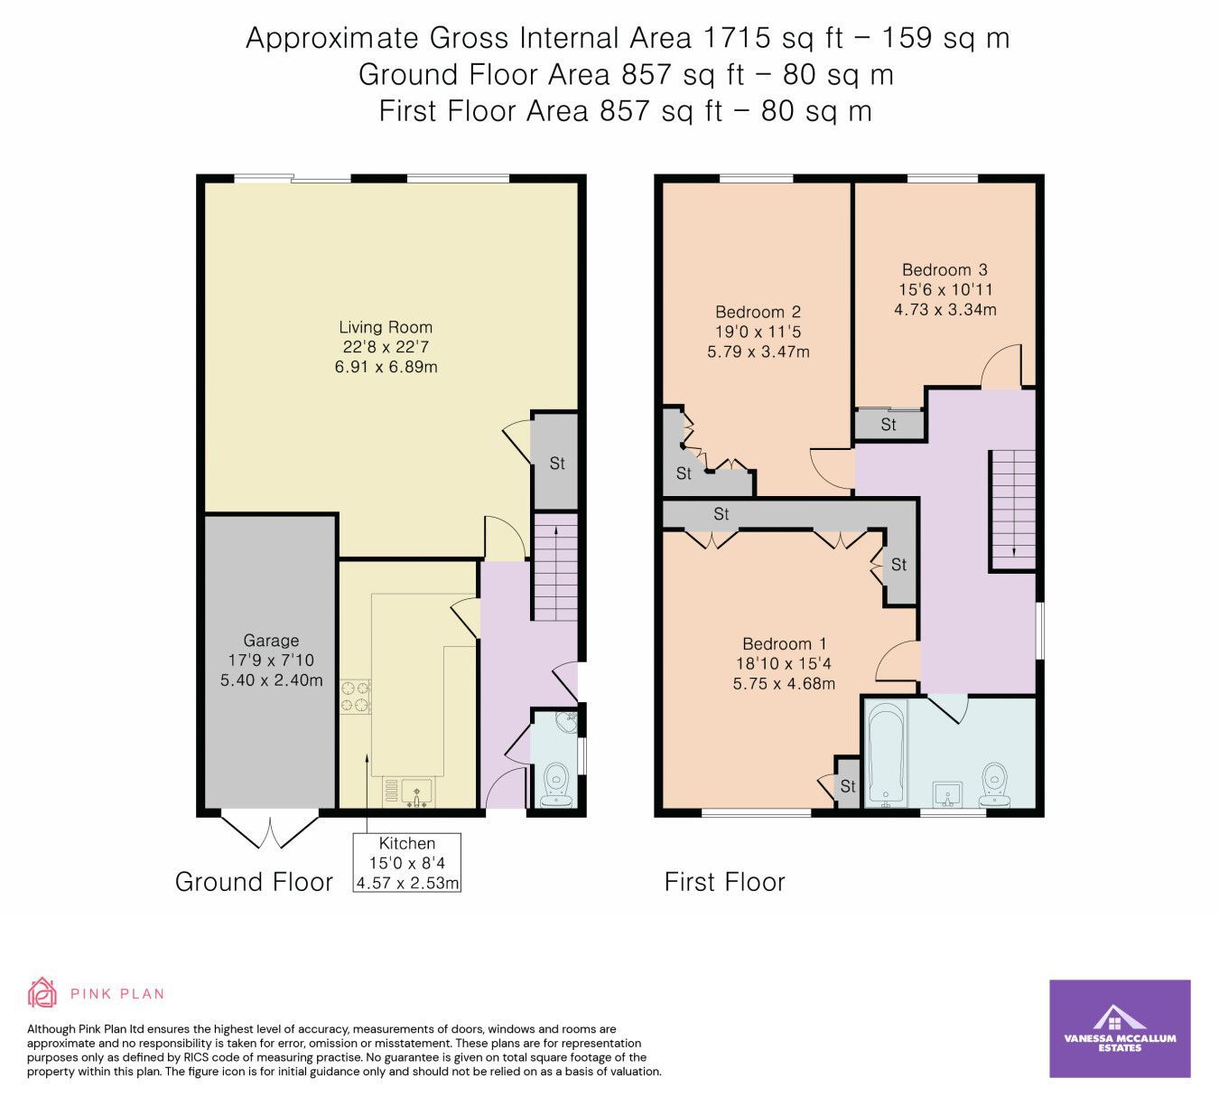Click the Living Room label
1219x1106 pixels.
pyautogui.click(x=386, y=346)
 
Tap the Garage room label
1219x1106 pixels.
pyautogui.click(x=271, y=660)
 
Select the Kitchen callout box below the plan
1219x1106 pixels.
pyautogui.click(x=407, y=863)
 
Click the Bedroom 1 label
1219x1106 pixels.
pyautogui.click(x=784, y=663)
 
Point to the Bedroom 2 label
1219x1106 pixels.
pyautogui.click(x=758, y=332)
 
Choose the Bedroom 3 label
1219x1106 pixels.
pyautogui.click(x=944, y=289)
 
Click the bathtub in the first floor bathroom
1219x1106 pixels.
pyautogui.click(x=885, y=754)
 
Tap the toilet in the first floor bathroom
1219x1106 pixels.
pyautogui.click(x=995, y=783)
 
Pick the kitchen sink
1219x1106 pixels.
pyautogui.click(x=416, y=791)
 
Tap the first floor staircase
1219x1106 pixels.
pyautogui.click(x=1013, y=508)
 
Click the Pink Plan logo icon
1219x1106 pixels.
pyautogui.click(x=42, y=992)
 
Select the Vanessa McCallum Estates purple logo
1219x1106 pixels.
pyautogui.click(x=1120, y=1028)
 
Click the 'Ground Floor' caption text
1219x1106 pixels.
pyautogui.click(x=254, y=882)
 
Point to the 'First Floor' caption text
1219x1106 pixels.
pyautogui.click(x=724, y=882)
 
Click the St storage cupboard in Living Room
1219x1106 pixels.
pyautogui.click(x=556, y=463)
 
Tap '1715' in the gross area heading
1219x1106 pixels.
pyautogui.click(x=736, y=38)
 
